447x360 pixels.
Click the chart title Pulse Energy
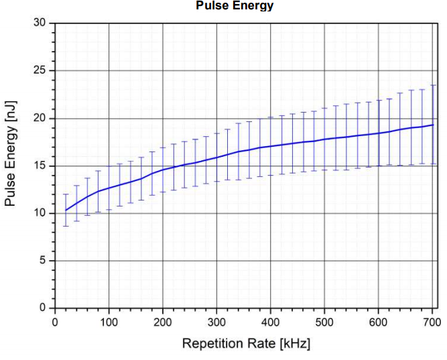pyautogui.click(x=235, y=6)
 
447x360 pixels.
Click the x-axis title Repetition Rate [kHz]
pyautogui.click(x=246, y=345)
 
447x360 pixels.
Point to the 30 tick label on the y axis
pyautogui.click(x=40, y=23)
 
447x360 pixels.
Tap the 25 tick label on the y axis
pyautogui.click(x=40, y=71)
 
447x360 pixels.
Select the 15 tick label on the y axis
pyautogui.click(x=40, y=166)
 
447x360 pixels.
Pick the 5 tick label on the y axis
pyautogui.click(x=42, y=261)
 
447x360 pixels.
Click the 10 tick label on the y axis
pyautogui.click(x=40, y=213)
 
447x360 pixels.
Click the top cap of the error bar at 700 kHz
pyautogui.click(x=432, y=85)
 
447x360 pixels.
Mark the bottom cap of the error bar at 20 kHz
pyautogui.click(x=66, y=226)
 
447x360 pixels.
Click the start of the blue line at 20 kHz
pyautogui.click(x=66, y=211)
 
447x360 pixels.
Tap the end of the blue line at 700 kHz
pyautogui.click(x=432, y=125)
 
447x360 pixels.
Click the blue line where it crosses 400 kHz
pyautogui.click(x=270, y=146)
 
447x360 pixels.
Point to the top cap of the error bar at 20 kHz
pyautogui.click(x=66, y=194)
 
